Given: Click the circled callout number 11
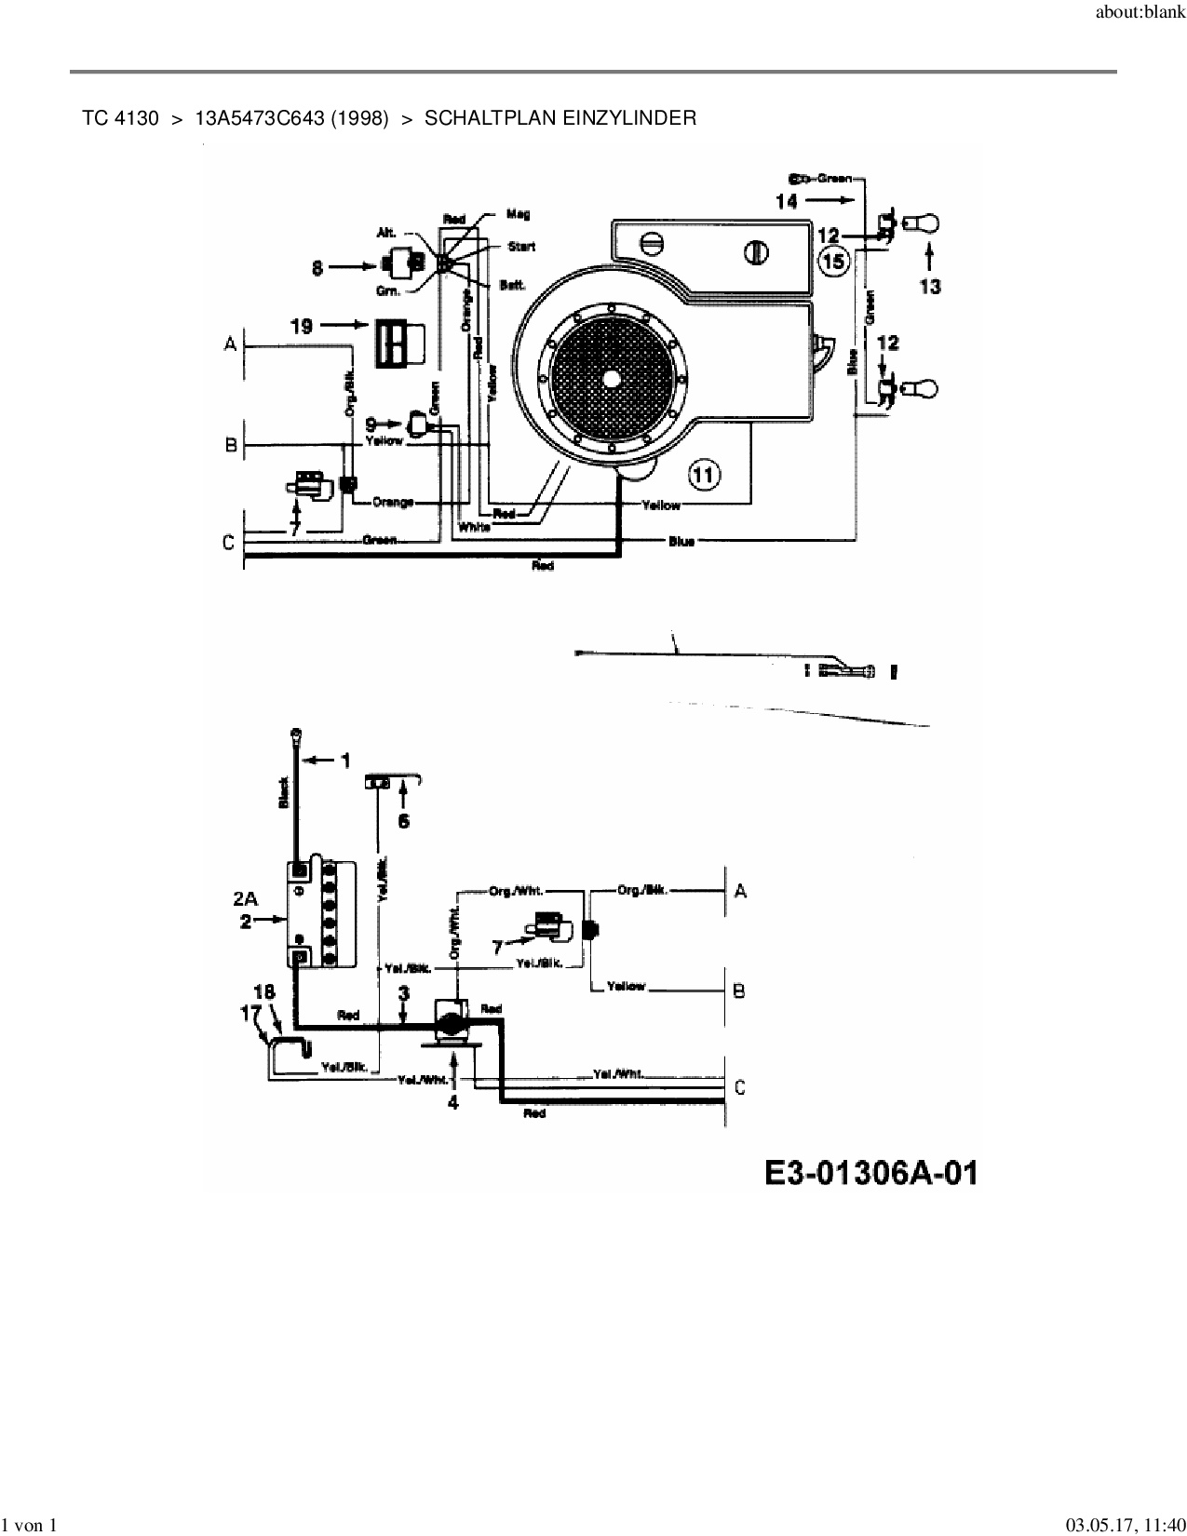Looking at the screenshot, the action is [704, 476].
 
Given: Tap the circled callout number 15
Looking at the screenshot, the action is [833, 262].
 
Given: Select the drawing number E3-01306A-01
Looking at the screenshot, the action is [870, 1173].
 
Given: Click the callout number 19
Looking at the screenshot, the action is [301, 326].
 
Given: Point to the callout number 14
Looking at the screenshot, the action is [787, 200].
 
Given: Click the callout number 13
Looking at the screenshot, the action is [930, 287].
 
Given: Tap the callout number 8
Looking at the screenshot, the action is [318, 268].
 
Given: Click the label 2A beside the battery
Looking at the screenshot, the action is [245, 899].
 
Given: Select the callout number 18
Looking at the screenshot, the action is [264, 992].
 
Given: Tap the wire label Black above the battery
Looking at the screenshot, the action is [284, 792].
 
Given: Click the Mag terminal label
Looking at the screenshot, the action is [518, 214].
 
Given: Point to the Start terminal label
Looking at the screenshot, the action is [520, 247].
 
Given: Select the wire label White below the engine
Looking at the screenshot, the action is [474, 527].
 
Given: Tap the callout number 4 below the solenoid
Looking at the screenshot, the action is [452, 1103].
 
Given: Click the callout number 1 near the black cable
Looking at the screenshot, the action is [345, 761].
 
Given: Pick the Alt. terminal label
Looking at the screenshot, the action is [386, 233].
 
